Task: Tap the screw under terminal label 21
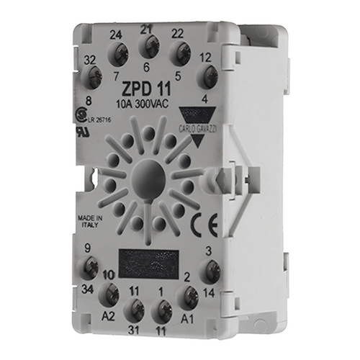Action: coord(149,48)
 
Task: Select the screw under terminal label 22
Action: coord(178,52)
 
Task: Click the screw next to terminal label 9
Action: coord(91,269)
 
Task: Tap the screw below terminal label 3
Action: coord(212,271)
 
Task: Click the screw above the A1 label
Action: coord(189,294)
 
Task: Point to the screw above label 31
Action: coord(134,309)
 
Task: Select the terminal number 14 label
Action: coord(210,294)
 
